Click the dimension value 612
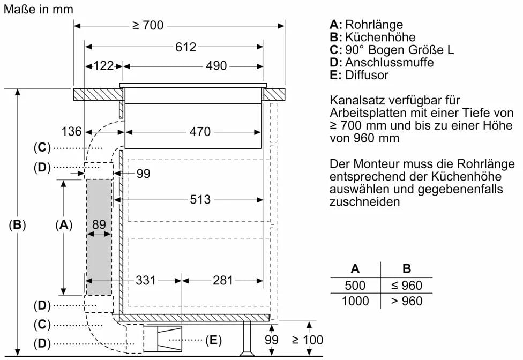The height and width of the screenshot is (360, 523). (185, 47)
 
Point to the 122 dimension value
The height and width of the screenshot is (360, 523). (104, 66)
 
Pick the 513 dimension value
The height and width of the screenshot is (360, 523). (200, 199)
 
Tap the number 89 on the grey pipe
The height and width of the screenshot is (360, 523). (99, 226)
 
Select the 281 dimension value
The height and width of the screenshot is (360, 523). (223, 280)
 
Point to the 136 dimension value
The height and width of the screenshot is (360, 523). (71, 131)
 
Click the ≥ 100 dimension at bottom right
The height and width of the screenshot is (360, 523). (308, 340)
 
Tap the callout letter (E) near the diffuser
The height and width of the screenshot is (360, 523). (213, 340)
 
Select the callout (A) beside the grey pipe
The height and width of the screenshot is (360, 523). (64, 226)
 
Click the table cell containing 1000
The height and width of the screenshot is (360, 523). (355, 301)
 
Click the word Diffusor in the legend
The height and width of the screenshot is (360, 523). (367, 75)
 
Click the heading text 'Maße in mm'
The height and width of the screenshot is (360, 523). (38, 9)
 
